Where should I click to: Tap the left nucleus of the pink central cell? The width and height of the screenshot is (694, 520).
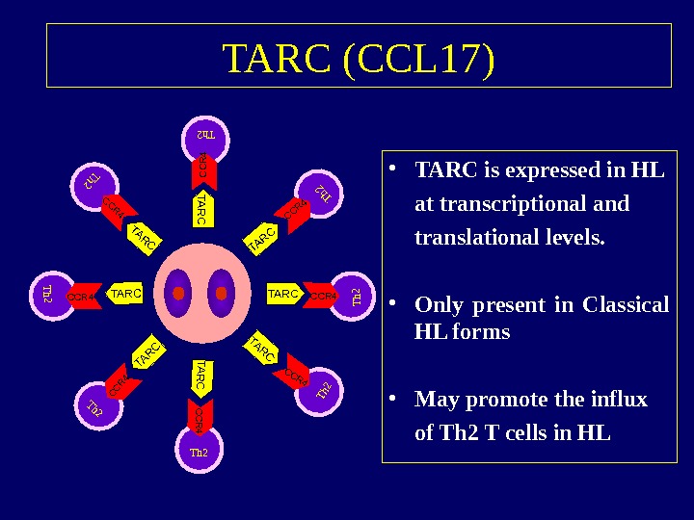[177, 293]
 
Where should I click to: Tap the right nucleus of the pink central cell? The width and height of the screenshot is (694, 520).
[221, 293]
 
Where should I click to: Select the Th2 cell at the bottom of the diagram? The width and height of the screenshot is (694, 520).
[200, 449]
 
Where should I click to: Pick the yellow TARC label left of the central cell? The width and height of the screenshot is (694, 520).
[126, 293]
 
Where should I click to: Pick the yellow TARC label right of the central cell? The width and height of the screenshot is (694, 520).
[282, 293]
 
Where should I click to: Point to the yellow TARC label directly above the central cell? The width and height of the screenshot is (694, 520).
[200, 209]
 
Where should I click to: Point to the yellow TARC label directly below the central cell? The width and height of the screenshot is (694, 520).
[200, 377]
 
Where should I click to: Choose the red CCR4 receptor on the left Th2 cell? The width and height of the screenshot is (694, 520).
[83, 296]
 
